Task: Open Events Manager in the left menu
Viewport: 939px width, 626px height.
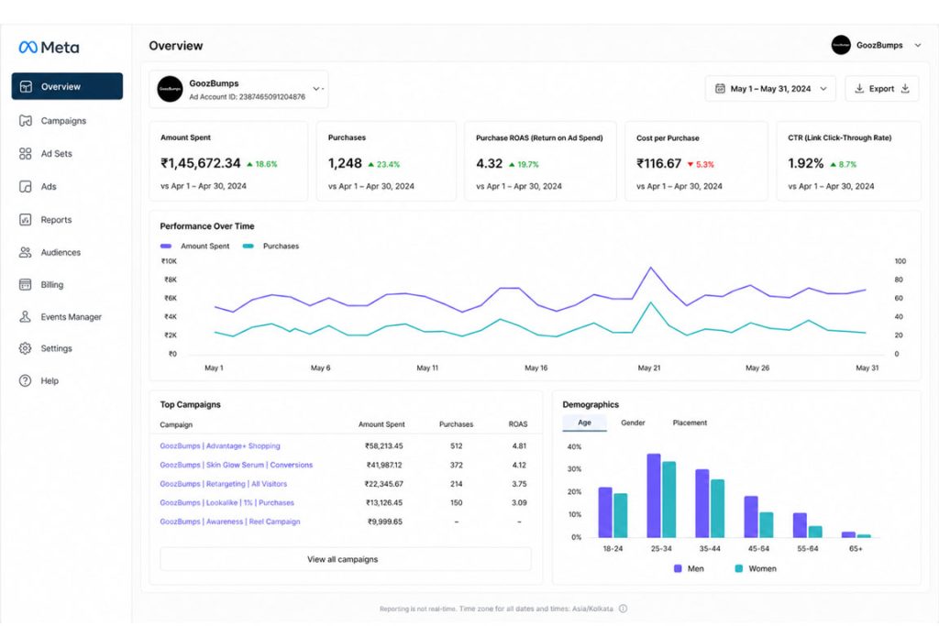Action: click(60, 316)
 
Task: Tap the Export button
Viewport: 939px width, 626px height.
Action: click(881, 89)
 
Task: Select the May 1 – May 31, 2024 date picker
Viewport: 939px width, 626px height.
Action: click(770, 89)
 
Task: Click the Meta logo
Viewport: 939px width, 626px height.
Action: click(50, 48)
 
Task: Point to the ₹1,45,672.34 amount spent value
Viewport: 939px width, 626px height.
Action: click(201, 163)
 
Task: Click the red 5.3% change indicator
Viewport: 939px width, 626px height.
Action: click(701, 165)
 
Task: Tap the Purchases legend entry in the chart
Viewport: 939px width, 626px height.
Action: click(271, 246)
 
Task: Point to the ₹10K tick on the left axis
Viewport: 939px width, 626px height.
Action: click(169, 261)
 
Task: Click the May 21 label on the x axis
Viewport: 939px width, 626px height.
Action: click(649, 368)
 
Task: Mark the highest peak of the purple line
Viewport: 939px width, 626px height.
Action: click(651, 268)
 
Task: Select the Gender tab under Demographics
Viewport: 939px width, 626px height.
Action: click(633, 423)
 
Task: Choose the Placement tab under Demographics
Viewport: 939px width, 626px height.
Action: click(690, 423)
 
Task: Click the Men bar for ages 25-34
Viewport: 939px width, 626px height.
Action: click(653, 496)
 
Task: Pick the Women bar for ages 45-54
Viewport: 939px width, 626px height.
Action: click(767, 525)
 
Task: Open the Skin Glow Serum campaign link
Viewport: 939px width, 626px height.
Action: click(236, 465)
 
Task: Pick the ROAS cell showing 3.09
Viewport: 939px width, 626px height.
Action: click(519, 502)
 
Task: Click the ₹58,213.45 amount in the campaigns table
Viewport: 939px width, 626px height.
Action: click(384, 445)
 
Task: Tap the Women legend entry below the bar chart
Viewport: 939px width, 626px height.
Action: click(756, 568)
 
